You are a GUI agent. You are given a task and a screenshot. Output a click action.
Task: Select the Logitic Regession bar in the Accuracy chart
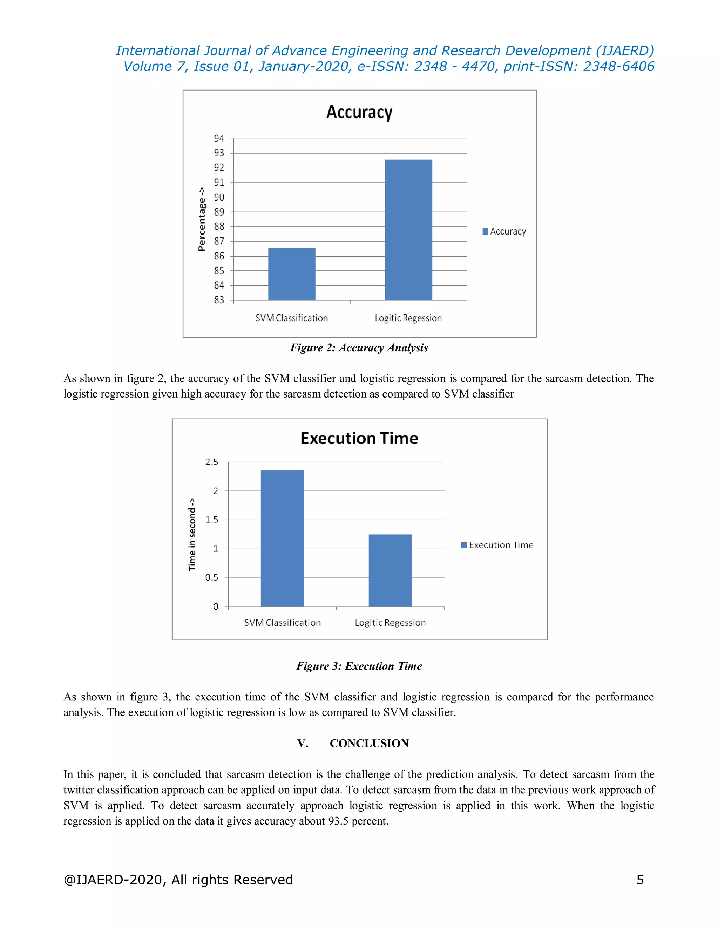pyautogui.click(x=408, y=230)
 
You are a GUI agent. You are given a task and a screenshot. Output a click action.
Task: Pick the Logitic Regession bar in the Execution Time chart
pyautogui.click(x=390, y=570)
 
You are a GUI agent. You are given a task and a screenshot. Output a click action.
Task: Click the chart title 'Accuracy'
pyautogui.click(x=359, y=112)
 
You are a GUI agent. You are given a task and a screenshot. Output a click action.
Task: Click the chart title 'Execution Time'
pyautogui.click(x=359, y=438)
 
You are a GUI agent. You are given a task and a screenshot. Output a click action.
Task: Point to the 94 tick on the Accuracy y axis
pyautogui.click(x=219, y=138)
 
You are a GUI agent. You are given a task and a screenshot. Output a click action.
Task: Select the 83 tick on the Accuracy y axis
pyautogui.click(x=219, y=300)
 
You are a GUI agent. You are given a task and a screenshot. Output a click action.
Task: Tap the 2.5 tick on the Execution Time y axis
pyautogui.click(x=211, y=462)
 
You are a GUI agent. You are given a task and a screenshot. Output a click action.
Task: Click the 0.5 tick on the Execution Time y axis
pyautogui.click(x=211, y=577)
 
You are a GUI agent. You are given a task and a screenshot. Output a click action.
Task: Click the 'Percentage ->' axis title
pyautogui.click(x=202, y=219)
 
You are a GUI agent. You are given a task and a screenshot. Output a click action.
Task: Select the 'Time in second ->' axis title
pyautogui.click(x=192, y=534)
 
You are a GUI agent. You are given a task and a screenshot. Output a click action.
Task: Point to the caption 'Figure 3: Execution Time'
pyautogui.click(x=359, y=666)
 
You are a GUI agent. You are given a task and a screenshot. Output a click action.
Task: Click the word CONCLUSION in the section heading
pyautogui.click(x=369, y=743)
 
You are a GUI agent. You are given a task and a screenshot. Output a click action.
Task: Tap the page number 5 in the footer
pyautogui.click(x=640, y=879)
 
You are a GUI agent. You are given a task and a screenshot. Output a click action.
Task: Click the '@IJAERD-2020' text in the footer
pyautogui.click(x=113, y=879)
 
